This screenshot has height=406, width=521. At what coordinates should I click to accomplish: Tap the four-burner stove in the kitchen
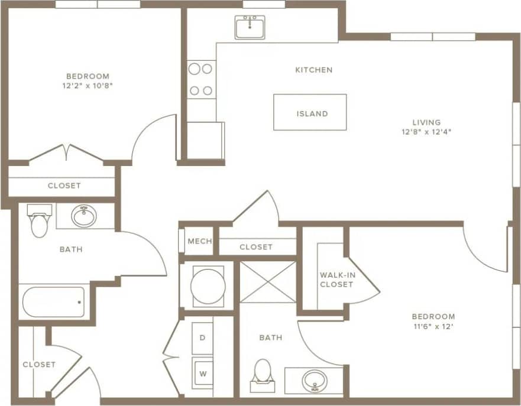pyautogui.click(x=200, y=79)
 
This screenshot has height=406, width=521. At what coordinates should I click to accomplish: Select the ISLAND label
pyautogui.click(x=311, y=113)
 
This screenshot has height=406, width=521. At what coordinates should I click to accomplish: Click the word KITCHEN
pyautogui.click(x=313, y=70)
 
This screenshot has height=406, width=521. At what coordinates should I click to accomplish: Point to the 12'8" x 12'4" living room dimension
pyautogui.click(x=426, y=132)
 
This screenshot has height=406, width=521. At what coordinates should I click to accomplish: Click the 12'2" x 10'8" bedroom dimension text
pyautogui.click(x=88, y=85)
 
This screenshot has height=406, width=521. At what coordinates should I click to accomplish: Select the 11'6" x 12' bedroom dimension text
pyautogui.click(x=434, y=326)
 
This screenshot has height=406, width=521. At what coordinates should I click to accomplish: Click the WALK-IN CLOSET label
pyautogui.click(x=336, y=280)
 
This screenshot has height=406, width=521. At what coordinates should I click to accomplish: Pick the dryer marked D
pyautogui.click(x=202, y=338)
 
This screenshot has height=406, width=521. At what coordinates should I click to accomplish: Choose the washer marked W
pyautogui.click(x=202, y=372)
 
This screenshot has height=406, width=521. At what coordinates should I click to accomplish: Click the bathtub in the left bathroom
pyautogui.click(x=54, y=302)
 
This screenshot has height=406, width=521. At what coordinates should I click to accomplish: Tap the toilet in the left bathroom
pyautogui.click(x=40, y=220)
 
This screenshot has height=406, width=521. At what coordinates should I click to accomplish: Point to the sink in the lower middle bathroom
pyautogui.click(x=315, y=380)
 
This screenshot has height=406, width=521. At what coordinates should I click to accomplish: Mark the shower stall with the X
pyautogui.click(x=267, y=282)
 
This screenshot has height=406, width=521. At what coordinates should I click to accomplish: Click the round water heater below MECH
pyautogui.click(x=208, y=287)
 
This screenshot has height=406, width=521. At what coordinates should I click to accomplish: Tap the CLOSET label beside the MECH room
pyautogui.click(x=256, y=247)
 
